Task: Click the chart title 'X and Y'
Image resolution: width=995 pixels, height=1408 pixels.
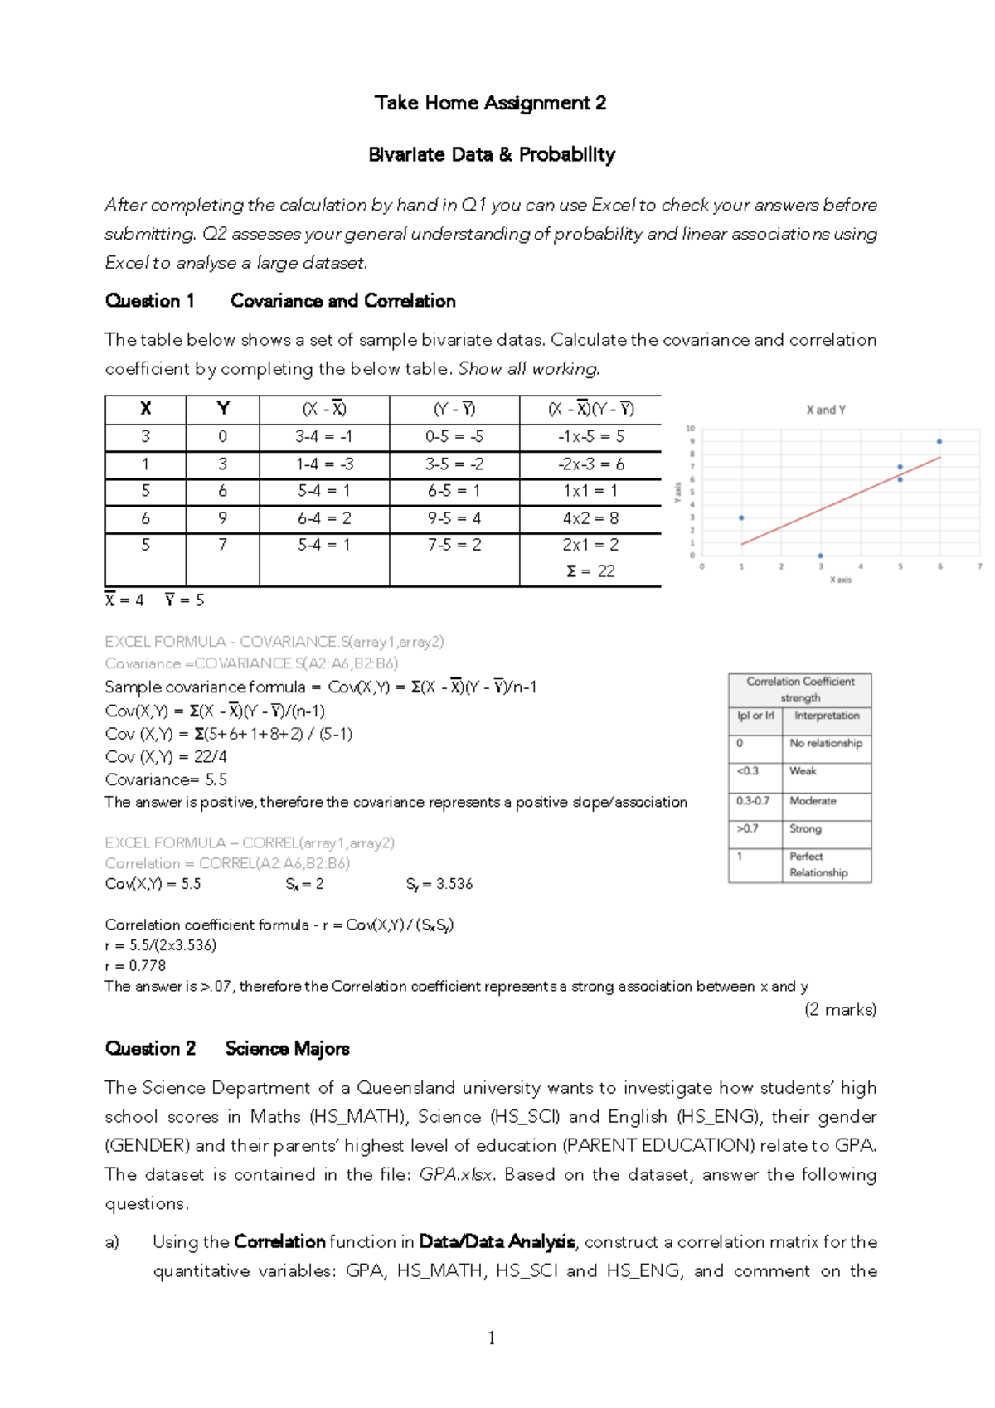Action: [x=826, y=410]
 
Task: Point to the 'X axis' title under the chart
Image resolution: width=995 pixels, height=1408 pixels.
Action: [x=841, y=580]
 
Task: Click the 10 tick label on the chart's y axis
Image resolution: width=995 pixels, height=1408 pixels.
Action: [x=690, y=429]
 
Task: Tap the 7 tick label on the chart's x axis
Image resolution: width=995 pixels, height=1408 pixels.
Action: [x=979, y=566]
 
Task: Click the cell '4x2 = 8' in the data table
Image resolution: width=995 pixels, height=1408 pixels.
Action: [x=590, y=518]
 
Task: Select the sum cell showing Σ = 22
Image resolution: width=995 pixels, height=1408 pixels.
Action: [x=590, y=571]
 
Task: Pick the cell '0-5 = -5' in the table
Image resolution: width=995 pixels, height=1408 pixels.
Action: [x=454, y=436]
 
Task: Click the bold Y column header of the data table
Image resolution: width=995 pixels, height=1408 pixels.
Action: [x=222, y=408]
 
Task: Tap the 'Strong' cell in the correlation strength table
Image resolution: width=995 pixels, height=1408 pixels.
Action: [x=805, y=828]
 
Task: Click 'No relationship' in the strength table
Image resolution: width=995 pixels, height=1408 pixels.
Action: [x=826, y=743]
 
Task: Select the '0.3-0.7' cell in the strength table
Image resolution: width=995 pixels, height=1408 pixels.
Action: [x=753, y=801]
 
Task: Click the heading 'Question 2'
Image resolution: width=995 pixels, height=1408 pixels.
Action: [x=150, y=1048]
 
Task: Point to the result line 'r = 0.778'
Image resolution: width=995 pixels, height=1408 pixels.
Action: [x=135, y=965]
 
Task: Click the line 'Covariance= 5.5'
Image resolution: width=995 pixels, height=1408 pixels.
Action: [x=166, y=779]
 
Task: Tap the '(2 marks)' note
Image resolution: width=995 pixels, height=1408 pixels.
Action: [x=840, y=1009]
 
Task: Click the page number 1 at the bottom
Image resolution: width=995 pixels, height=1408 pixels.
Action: [x=492, y=1338]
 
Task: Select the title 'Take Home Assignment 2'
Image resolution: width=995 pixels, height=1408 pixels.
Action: [x=490, y=103]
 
